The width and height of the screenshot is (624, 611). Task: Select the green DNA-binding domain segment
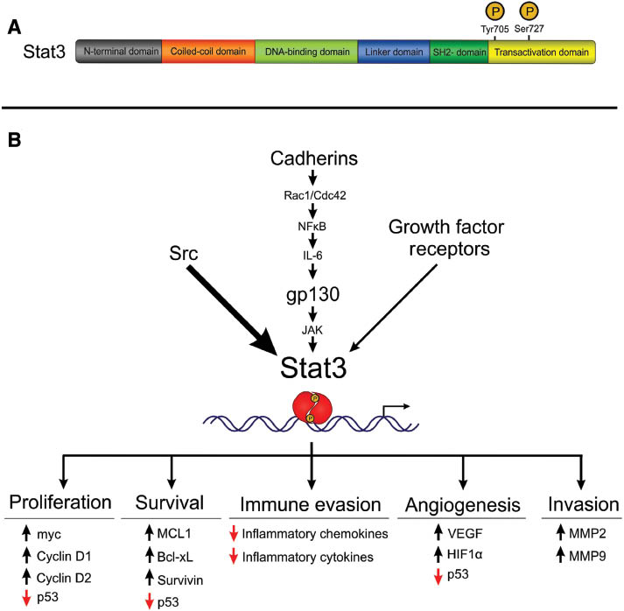(x=305, y=53)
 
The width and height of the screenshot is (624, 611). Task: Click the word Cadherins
(x=312, y=162)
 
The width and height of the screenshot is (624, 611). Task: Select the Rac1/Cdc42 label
(x=312, y=197)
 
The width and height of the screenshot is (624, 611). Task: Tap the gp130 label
(x=312, y=294)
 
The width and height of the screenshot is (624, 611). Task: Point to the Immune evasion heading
(x=312, y=504)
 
